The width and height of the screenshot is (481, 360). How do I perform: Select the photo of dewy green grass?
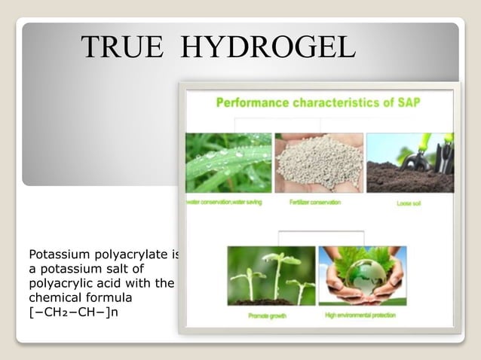pos(228,163)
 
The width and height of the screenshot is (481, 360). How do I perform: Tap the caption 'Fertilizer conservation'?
pos(315,203)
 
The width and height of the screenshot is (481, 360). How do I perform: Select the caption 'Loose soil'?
pos(409,203)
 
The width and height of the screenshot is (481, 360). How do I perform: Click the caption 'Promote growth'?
pos(268,316)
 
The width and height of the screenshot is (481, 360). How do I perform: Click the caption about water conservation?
pos(225,203)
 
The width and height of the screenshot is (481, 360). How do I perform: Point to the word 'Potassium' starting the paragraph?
pos(55,255)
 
